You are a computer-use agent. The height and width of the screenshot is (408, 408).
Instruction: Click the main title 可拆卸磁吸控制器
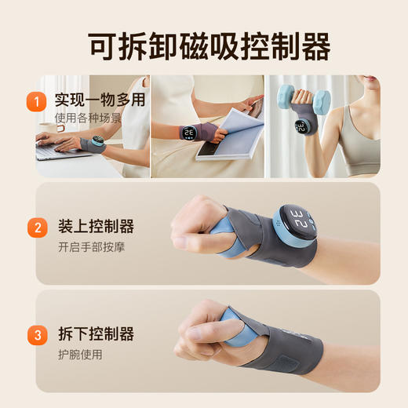(x=204, y=46)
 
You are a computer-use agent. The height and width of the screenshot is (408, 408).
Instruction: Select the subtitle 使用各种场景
(x=88, y=118)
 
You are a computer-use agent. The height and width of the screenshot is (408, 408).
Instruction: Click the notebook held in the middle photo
(x=228, y=133)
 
